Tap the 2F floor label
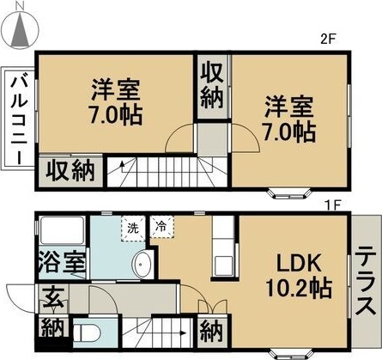(x=326, y=39)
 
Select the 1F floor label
(x=332, y=204)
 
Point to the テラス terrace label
(x=364, y=281)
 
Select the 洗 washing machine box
(x=132, y=229)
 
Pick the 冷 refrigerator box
(x=160, y=229)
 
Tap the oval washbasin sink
(x=142, y=263)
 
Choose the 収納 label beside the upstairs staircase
(x=70, y=170)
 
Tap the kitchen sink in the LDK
(x=224, y=264)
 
